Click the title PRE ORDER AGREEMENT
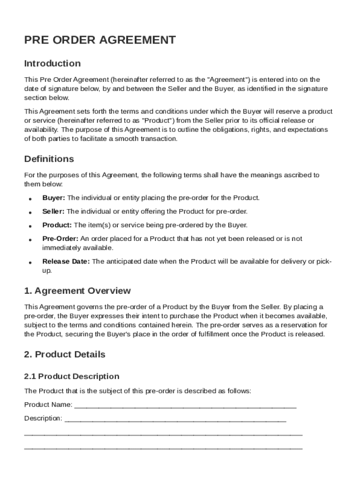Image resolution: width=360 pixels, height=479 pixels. pyautogui.click(x=100, y=40)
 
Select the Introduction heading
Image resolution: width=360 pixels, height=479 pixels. pyautogui.click(x=52, y=63)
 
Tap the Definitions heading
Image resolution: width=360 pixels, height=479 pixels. pyautogui.click(x=49, y=159)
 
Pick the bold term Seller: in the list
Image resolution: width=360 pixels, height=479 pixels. pyautogui.click(x=53, y=211)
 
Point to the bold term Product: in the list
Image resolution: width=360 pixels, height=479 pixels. pyautogui.click(x=57, y=225)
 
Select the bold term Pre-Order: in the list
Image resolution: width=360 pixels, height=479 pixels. pyautogui.click(x=60, y=239)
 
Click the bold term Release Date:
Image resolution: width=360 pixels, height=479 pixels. pyautogui.click(x=66, y=261)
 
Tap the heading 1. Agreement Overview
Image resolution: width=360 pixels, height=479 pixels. pyautogui.click(x=78, y=291)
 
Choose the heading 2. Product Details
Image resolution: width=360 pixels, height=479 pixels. pyautogui.click(x=65, y=354)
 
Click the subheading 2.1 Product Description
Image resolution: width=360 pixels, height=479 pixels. pyautogui.click(x=72, y=377)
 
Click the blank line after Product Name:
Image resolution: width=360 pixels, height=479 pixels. pyautogui.click(x=185, y=405)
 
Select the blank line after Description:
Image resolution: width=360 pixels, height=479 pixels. pyautogui.click(x=175, y=419)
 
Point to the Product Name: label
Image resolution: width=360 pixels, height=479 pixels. pyautogui.click(x=48, y=405)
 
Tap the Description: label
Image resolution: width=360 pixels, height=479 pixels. pyautogui.click(x=43, y=418)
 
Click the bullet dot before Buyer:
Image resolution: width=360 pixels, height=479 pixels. pyautogui.click(x=30, y=199)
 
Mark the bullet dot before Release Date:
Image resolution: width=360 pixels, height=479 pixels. pyautogui.click(x=30, y=262)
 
